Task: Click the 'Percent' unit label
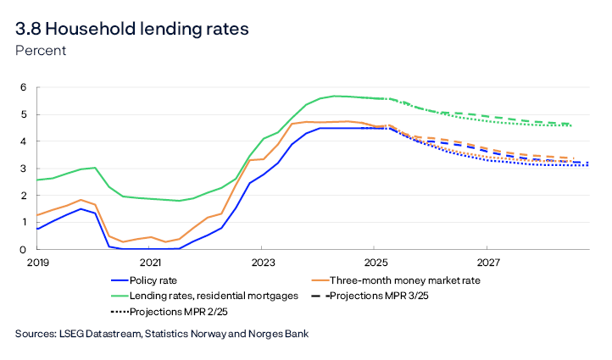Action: pyautogui.click(x=41, y=51)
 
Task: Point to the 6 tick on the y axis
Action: pyautogui.click(x=24, y=87)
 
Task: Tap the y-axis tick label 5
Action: pyautogui.click(x=24, y=114)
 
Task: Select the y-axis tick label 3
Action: pyautogui.click(x=24, y=169)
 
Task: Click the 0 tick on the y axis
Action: pyautogui.click(x=24, y=250)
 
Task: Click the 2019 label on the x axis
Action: pyautogui.click(x=38, y=263)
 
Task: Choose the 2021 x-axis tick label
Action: pyautogui.click(x=150, y=263)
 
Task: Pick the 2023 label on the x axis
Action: pyautogui.click(x=263, y=263)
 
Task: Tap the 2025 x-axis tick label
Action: pyautogui.click(x=376, y=263)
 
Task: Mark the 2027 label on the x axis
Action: pyautogui.click(x=487, y=263)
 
